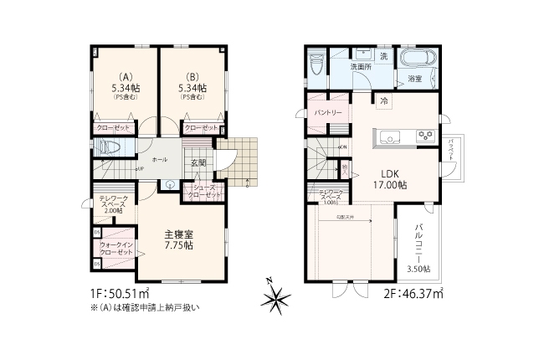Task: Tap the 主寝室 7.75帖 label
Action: point(178,241)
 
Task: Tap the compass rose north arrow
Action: point(277,296)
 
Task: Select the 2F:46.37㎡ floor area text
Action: point(413,294)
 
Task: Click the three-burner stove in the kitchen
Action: point(423,136)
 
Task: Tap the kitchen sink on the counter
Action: point(390,136)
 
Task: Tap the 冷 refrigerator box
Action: point(384,102)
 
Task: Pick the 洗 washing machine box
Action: point(384,56)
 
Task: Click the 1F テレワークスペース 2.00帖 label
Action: point(114,205)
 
